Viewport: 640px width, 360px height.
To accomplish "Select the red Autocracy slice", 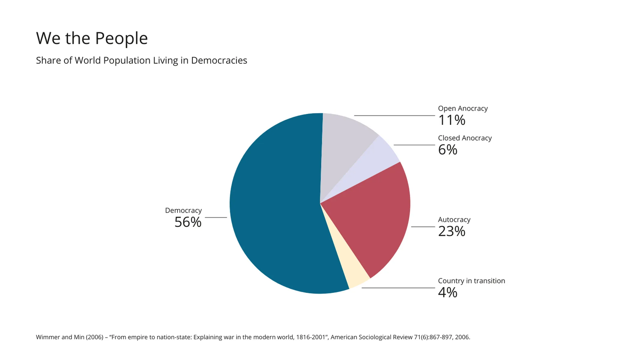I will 372,219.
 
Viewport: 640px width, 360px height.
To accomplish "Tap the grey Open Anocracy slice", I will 342,141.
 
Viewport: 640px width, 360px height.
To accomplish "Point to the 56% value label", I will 188,222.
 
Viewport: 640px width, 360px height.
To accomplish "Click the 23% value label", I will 452,231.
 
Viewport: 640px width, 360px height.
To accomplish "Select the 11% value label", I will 452,120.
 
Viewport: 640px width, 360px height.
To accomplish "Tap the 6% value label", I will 447,150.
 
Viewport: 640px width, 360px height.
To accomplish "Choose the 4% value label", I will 447,292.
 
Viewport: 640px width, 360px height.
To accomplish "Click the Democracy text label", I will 183,210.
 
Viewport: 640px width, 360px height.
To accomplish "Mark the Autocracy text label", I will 454,220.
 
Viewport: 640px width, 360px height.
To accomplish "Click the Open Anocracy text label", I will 463,108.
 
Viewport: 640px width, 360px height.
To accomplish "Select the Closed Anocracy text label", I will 465,138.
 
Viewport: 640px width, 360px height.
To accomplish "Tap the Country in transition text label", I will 471,281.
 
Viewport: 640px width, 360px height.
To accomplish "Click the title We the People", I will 92,38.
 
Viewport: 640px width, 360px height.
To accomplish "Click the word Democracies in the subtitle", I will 219,60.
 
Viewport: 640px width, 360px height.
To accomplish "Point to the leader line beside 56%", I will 216,217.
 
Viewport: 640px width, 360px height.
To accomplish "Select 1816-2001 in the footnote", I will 311,337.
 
